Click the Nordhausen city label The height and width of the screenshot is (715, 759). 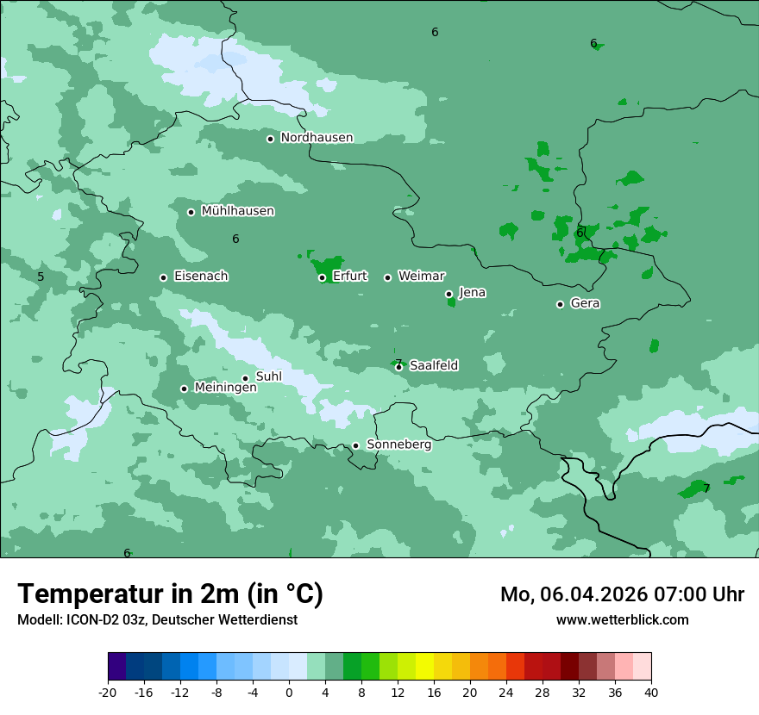317,138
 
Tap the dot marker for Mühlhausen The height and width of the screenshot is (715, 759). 191,212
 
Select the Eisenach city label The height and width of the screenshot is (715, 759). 201,277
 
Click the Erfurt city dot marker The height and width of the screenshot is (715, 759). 322,277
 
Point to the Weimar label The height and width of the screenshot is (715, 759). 421,276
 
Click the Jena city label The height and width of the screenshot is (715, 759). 472,293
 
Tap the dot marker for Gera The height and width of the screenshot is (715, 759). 560,304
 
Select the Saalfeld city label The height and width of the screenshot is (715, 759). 433,366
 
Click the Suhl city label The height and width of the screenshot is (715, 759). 269,376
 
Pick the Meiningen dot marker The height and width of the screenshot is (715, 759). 184,389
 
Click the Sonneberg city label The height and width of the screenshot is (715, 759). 398,445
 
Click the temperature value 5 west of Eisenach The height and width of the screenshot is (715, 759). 41,277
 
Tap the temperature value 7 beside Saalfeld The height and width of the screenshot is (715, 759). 398,363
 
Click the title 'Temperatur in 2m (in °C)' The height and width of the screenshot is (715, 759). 170,594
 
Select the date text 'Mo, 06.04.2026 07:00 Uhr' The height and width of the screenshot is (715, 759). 622,594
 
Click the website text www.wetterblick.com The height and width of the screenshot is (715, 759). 622,619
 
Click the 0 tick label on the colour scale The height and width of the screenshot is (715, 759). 289,692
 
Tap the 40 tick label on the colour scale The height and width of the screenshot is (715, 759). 650,692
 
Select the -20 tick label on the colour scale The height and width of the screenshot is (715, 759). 107,692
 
